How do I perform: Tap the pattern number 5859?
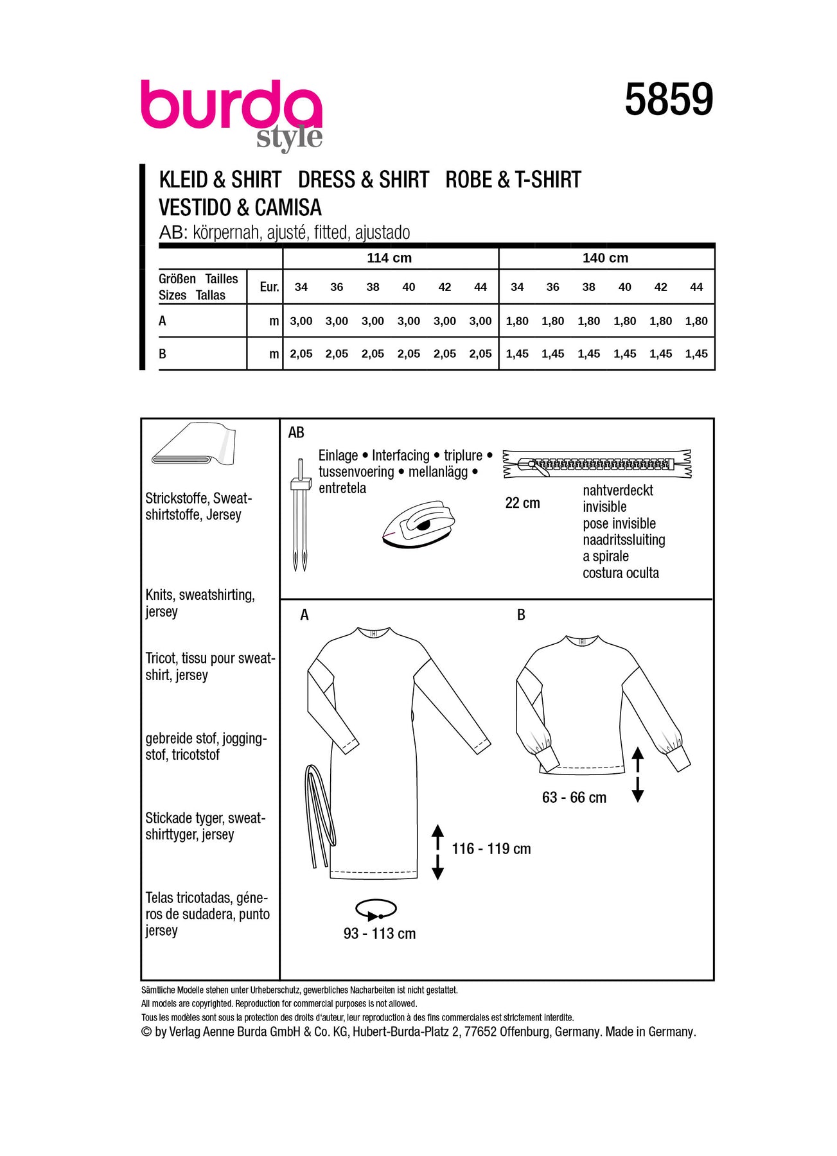tap(669, 100)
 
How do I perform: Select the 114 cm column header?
tap(389, 258)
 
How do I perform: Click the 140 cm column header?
tap(605, 258)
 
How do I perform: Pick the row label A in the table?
tap(163, 321)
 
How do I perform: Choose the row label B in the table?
tap(163, 354)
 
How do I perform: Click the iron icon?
tap(418, 525)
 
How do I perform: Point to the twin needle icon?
tap(300, 514)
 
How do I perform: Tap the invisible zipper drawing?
tap(597, 464)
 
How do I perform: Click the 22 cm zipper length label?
tap(522, 503)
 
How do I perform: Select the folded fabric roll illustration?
tap(194, 444)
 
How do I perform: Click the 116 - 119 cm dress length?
tap(491, 849)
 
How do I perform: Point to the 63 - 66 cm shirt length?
tap(574, 798)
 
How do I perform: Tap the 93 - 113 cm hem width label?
tap(380, 934)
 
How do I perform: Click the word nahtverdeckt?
tap(618, 491)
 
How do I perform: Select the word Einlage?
tap(339, 455)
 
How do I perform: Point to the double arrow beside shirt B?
tap(638, 774)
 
